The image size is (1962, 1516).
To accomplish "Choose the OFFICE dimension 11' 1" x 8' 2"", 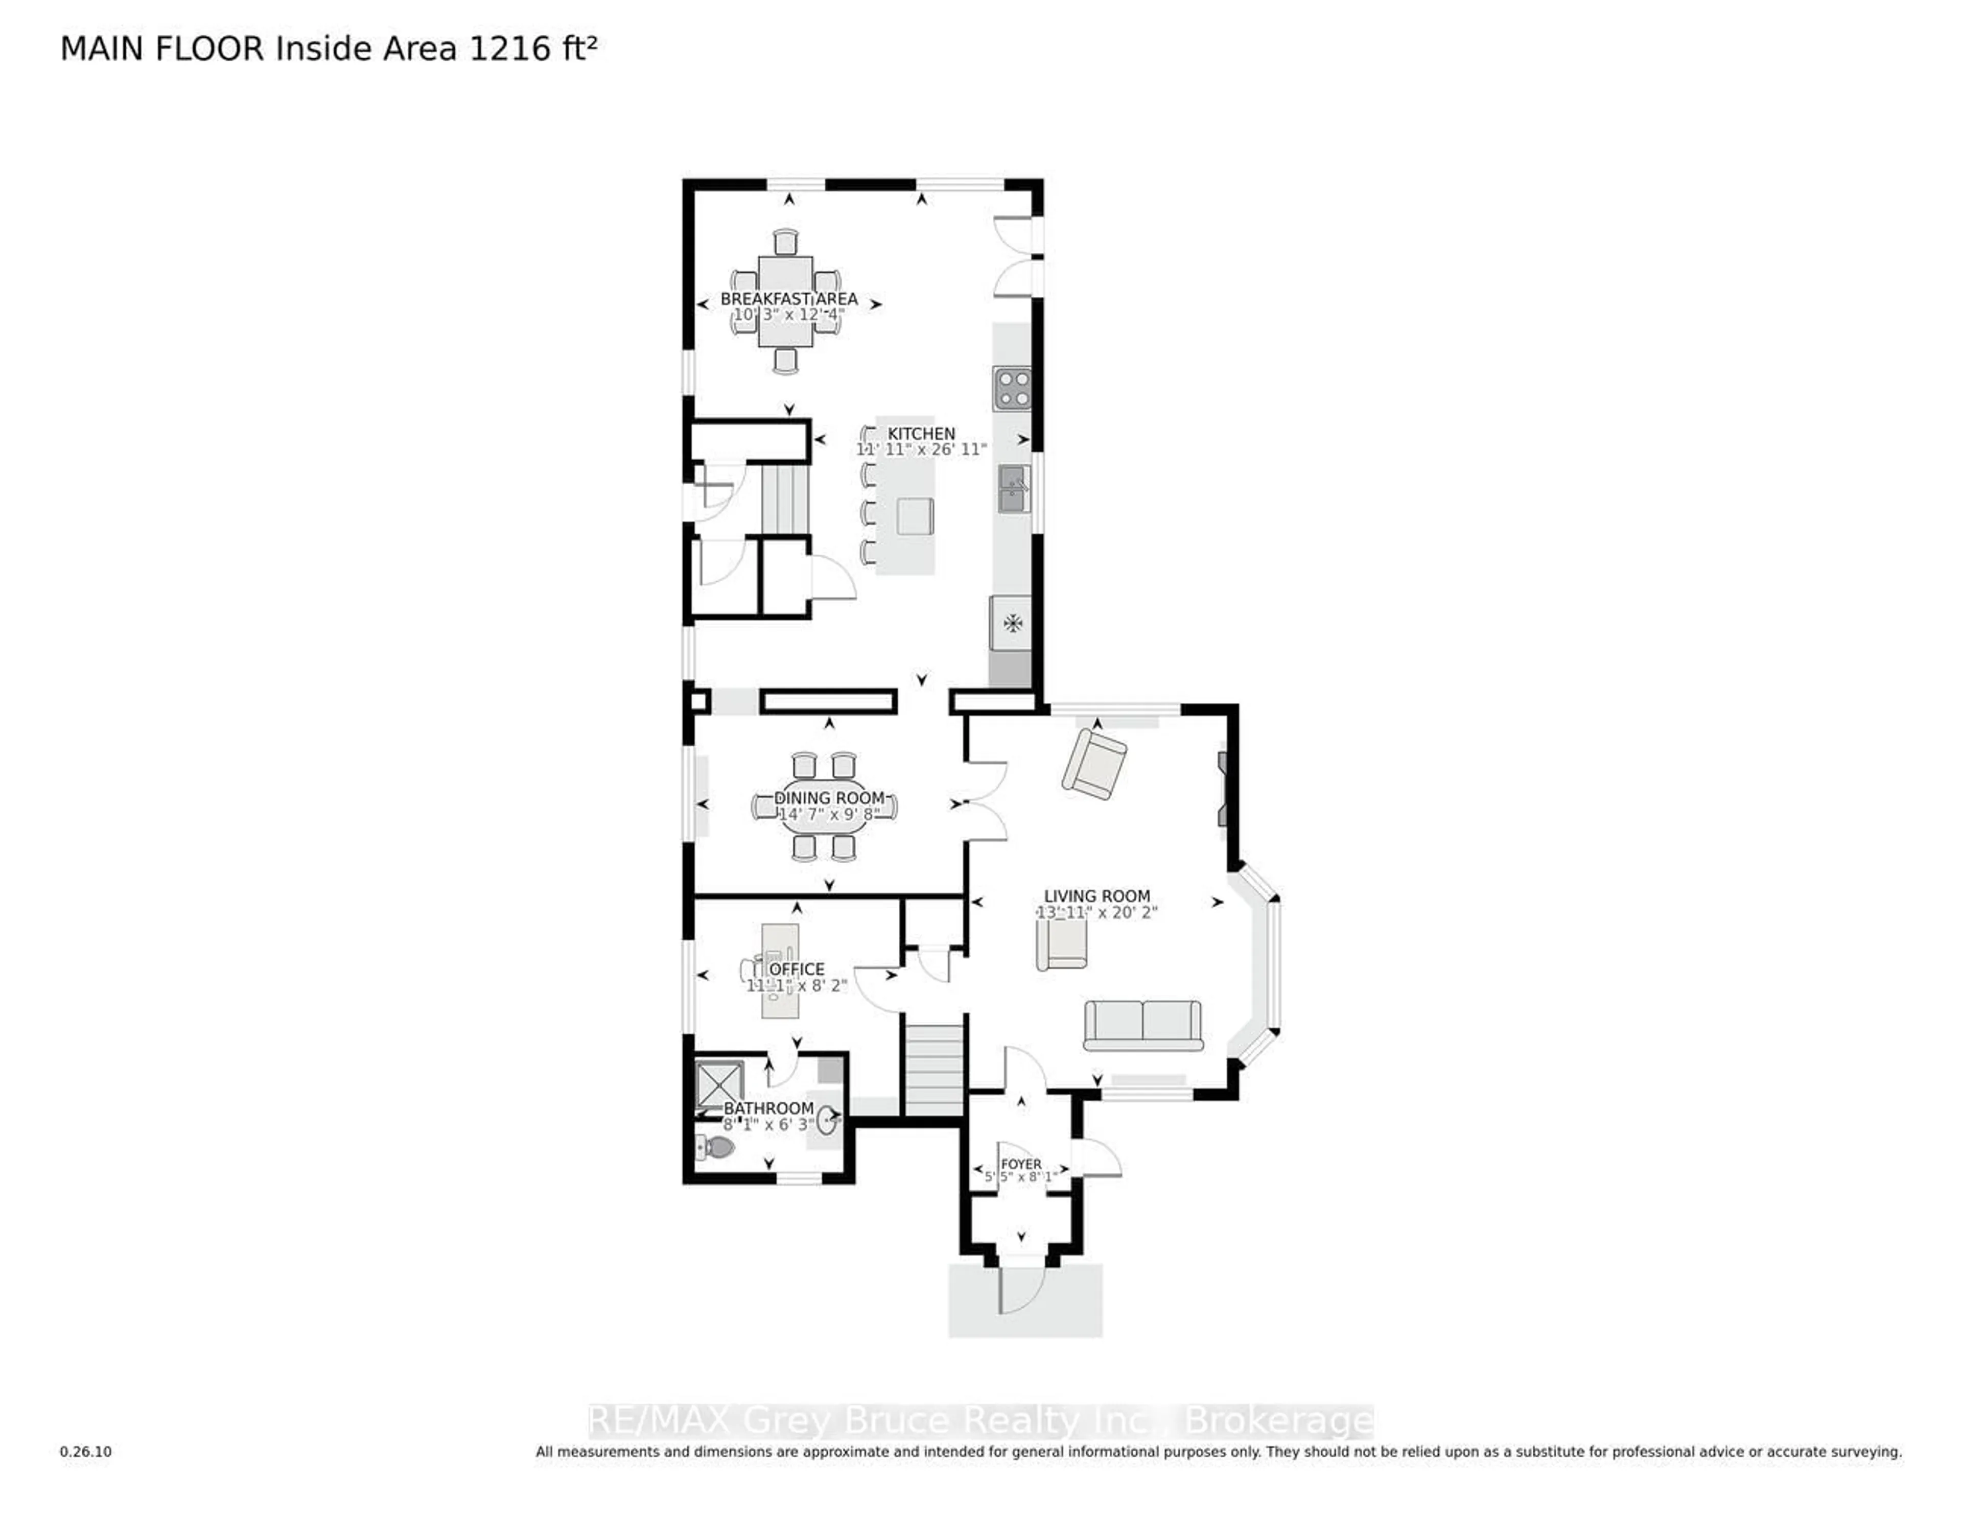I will click(796, 985).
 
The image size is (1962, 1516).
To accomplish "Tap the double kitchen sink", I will click(1013, 489).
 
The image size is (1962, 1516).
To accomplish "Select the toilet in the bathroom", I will click(716, 1147).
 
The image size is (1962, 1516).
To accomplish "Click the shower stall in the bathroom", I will click(719, 1085).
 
